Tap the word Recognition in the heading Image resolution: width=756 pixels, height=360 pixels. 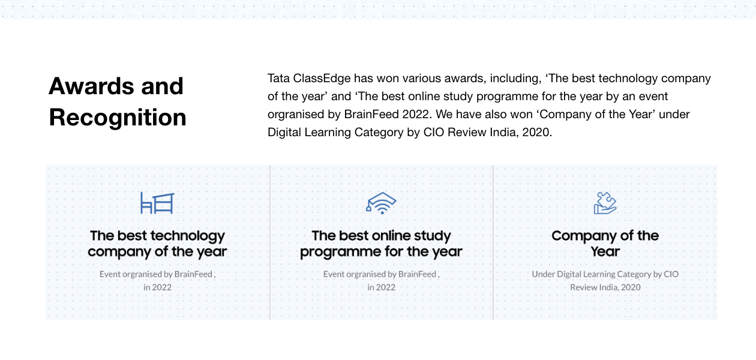118,118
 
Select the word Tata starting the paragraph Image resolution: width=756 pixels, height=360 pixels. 278,78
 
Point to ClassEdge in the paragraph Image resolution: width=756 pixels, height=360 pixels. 322,78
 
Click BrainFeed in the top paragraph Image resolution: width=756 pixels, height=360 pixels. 371,115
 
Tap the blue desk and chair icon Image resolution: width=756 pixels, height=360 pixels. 157,203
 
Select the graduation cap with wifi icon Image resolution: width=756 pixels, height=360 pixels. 382,203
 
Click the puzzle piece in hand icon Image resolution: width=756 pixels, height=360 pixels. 605,203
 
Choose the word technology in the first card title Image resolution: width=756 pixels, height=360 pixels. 188,236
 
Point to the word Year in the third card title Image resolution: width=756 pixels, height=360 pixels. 605,251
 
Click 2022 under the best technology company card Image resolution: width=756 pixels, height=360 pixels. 161,287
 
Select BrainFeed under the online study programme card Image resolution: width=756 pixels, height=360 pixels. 417,274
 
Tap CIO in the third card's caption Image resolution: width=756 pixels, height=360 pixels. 671,274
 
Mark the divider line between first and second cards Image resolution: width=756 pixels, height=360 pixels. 270,242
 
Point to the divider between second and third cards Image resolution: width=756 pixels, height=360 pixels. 493,242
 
